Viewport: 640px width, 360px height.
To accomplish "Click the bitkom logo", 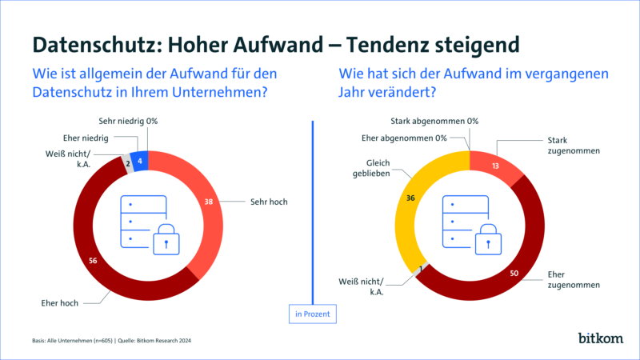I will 600,338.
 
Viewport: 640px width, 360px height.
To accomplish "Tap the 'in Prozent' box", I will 310,314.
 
